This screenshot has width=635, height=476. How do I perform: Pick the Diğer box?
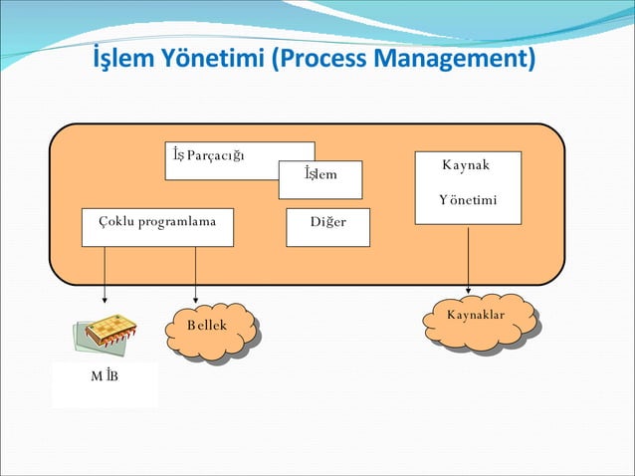(327, 227)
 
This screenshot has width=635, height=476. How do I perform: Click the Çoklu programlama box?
(157, 227)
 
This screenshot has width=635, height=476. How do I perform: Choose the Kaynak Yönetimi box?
(468, 187)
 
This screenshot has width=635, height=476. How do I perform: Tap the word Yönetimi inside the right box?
(467, 201)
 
